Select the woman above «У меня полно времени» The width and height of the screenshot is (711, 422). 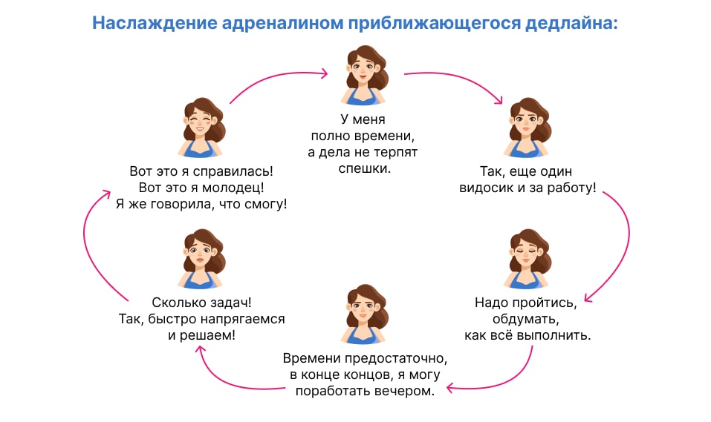pos(365,76)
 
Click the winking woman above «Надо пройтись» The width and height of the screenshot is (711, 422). pos(529,259)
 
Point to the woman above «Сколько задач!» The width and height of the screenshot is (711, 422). pos(200,259)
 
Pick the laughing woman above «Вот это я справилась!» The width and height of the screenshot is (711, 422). pos(201,128)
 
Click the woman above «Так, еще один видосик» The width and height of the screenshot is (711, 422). pos(529,128)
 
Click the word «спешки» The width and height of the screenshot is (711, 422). pos(364,168)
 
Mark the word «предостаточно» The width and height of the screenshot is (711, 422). pos(400,358)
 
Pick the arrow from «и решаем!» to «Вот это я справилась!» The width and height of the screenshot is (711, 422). pos(89,245)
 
